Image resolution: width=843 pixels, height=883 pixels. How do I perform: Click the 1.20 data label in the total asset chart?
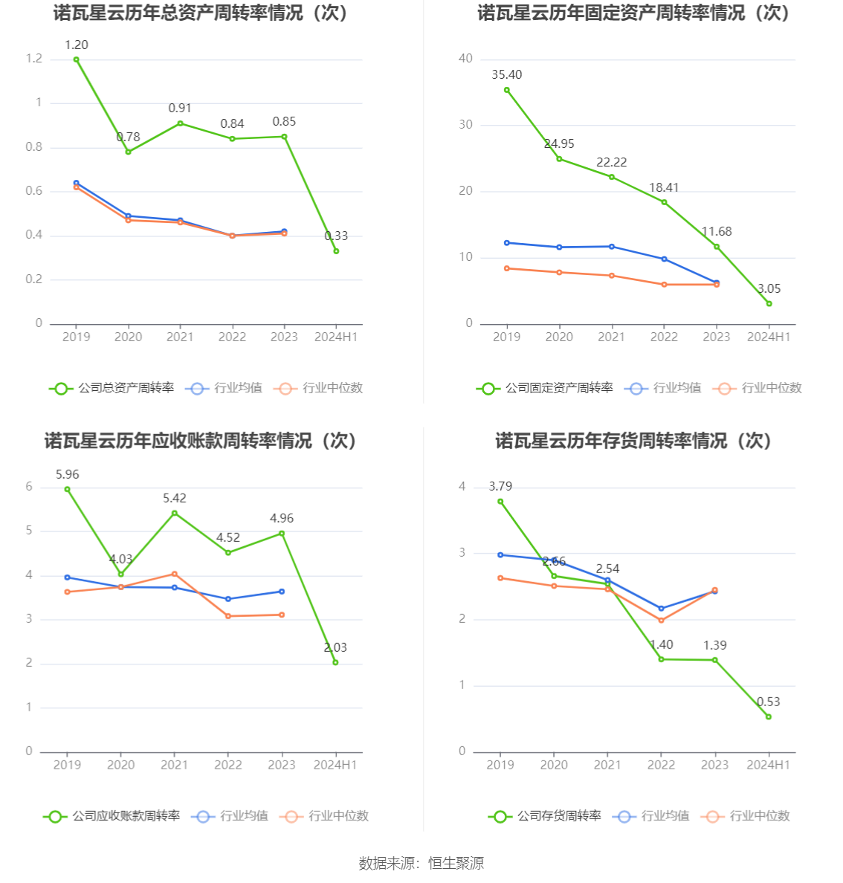click(76, 45)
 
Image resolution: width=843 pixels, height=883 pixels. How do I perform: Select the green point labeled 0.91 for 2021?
click(180, 123)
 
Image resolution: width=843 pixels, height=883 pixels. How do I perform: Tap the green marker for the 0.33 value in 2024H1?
click(336, 251)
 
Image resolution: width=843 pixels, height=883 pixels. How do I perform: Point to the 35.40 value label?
click(506, 75)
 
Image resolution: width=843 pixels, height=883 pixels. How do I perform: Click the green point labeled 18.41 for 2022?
click(664, 202)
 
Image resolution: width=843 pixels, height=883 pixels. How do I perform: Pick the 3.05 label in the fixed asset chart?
click(769, 289)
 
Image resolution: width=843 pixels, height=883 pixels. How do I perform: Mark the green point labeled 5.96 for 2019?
click(67, 489)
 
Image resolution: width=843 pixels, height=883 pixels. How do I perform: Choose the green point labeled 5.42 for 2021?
click(175, 513)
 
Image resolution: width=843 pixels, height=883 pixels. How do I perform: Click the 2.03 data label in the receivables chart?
click(335, 648)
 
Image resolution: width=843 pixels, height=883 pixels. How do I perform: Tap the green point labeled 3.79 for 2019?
click(500, 502)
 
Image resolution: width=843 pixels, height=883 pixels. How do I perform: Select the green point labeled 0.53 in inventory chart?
click(769, 717)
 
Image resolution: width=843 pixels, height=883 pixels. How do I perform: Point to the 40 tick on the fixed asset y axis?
click(465, 59)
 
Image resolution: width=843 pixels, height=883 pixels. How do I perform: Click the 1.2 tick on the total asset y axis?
click(34, 59)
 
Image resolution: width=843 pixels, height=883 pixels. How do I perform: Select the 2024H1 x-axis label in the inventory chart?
click(769, 765)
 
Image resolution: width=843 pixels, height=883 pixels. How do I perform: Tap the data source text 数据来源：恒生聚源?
click(421, 864)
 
